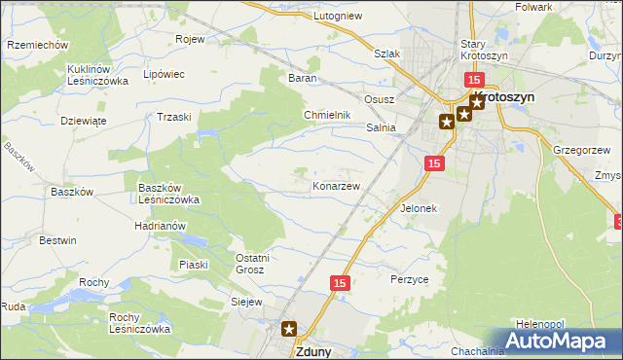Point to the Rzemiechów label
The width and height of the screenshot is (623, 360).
coord(37,45)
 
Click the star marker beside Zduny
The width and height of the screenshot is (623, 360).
coord(289,329)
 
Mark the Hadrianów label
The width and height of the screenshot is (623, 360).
coord(161,225)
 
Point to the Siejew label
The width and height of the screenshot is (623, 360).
coord(246,302)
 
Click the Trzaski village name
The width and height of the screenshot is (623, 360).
coord(174,116)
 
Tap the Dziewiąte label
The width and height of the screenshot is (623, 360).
coord(83,121)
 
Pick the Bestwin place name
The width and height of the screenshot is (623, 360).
coord(57,239)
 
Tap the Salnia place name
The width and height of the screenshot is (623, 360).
coord(381,127)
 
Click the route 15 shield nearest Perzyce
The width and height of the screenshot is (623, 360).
coord(339,282)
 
